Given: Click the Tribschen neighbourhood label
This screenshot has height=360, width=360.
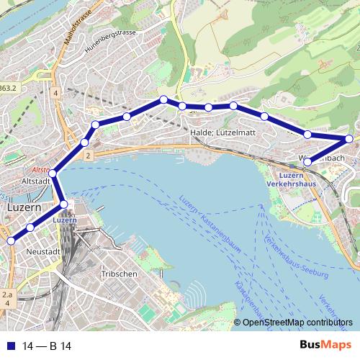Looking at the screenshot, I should (116, 275).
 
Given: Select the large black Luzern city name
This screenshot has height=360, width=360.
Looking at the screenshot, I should (25, 207).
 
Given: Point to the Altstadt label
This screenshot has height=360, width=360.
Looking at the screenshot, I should (37, 181).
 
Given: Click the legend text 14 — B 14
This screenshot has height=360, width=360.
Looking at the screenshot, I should (47, 346).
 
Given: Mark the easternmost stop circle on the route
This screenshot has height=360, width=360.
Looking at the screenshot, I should (349, 139).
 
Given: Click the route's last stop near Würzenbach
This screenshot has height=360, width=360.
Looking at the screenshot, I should (307, 162).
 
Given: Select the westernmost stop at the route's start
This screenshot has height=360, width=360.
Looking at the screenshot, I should (10, 240).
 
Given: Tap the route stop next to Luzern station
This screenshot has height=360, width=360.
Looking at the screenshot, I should (64, 205).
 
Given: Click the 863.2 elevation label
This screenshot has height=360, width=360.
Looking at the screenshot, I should (7, 88).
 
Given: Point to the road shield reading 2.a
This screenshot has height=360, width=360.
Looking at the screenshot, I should (7, 295).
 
